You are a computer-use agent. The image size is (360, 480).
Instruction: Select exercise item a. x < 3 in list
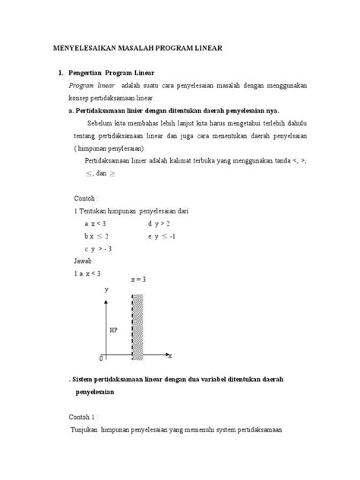pyautogui.click(x=95, y=224)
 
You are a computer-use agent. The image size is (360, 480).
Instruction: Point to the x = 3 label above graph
pyautogui.click(x=137, y=279)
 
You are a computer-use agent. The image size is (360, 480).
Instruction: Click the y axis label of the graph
pyautogui.click(x=106, y=290)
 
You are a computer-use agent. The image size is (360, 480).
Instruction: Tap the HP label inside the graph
pyautogui.click(x=113, y=330)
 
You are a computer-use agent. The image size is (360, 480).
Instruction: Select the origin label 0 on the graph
pyautogui.click(x=101, y=358)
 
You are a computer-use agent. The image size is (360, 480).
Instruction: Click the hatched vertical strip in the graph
pyautogui.click(x=137, y=327)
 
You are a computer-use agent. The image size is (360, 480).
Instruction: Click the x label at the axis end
pyautogui.click(x=170, y=355)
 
